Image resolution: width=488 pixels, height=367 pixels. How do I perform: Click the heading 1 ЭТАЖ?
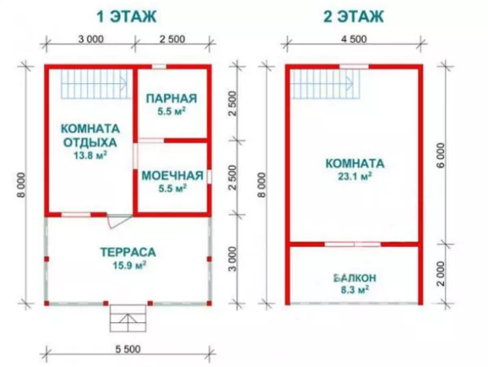(x=127, y=16)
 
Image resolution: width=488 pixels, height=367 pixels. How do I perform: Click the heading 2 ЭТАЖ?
(x=354, y=16)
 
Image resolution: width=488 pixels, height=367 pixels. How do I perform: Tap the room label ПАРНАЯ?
(x=172, y=98)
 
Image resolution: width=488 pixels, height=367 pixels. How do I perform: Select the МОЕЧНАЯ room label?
(x=172, y=176)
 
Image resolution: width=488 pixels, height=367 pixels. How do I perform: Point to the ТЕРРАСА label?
(x=129, y=252)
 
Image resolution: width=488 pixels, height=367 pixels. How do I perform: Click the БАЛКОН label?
(x=355, y=277)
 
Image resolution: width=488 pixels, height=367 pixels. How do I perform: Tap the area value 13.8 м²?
(x=90, y=155)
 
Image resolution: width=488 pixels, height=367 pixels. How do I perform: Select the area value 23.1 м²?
(x=355, y=177)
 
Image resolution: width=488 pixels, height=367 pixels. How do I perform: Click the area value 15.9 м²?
(x=129, y=265)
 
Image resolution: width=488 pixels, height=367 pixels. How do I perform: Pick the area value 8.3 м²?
(x=355, y=291)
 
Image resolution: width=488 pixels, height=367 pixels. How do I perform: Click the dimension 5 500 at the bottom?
(x=128, y=349)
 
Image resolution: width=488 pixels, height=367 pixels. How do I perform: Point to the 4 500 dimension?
(x=354, y=39)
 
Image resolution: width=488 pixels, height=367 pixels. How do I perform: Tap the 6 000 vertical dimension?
(x=442, y=155)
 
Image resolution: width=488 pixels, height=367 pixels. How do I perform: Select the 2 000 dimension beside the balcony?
(x=442, y=273)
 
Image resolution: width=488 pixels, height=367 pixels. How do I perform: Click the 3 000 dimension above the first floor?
(x=91, y=39)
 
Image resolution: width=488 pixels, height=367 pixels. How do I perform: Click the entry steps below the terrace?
(x=128, y=318)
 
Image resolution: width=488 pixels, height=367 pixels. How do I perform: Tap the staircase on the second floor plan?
(x=325, y=84)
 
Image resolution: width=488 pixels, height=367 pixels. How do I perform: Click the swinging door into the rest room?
(x=119, y=221)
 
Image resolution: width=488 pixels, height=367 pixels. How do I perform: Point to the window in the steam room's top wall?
(x=159, y=66)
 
